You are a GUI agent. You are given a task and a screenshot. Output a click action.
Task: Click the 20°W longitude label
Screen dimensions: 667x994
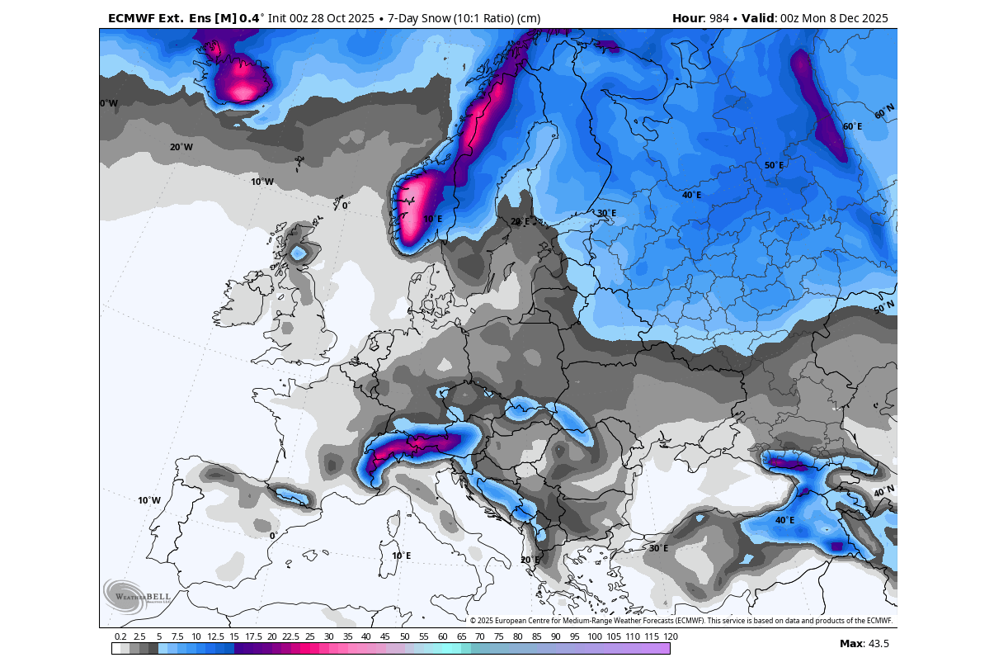click(181, 147)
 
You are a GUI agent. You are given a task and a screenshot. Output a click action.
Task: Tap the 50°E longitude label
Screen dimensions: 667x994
click(774, 165)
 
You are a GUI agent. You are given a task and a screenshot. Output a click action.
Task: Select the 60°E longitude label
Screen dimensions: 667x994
click(852, 126)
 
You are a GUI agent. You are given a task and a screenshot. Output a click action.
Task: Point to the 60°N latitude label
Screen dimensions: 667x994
click(884, 111)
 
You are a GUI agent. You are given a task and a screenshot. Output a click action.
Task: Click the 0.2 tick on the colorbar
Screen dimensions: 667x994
click(120, 636)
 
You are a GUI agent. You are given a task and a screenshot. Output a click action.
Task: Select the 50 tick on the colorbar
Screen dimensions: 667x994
click(405, 636)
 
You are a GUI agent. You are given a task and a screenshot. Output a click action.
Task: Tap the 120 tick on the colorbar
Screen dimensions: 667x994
click(670, 636)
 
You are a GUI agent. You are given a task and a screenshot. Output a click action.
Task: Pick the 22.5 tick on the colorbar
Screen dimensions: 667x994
click(290, 636)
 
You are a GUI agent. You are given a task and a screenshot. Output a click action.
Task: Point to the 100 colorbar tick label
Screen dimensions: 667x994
click(595, 636)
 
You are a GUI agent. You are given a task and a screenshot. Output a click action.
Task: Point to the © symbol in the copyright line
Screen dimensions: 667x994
click(473, 621)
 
